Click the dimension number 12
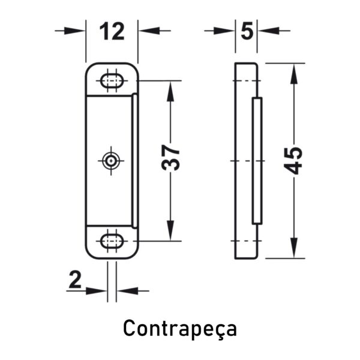click(x=112, y=31)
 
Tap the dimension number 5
click(x=247, y=31)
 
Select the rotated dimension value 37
click(x=170, y=157)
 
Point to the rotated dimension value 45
click(x=293, y=160)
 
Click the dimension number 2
click(x=75, y=280)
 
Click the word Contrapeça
click(x=180, y=329)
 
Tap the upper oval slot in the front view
click(x=112, y=81)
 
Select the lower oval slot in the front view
click(x=112, y=241)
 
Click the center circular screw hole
click(x=111, y=160)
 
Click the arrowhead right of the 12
click(x=149, y=31)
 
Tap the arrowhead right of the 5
click(x=268, y=31)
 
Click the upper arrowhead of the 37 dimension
click(x=170, y=91)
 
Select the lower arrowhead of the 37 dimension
click(x=170, y=230)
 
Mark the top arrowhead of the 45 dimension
click(x=294, y=74)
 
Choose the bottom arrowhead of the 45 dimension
click(x=294, y=247)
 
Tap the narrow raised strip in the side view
click(x=257, y=161)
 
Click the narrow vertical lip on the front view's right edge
click(x=135, y=161)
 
